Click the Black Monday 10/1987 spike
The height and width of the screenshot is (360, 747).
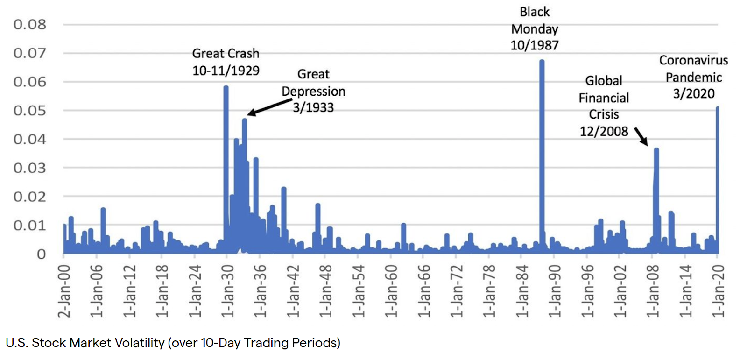click(542, 140)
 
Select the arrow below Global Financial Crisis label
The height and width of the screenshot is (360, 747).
click(641, 136)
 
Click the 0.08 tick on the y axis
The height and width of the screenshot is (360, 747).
click(30, 24)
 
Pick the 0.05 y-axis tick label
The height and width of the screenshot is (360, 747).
click(30, 111)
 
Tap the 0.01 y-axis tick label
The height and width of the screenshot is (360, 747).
click(30, 226)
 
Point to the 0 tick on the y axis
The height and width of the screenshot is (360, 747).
click(42, 254)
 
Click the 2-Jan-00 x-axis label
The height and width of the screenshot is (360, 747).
click(64, 291)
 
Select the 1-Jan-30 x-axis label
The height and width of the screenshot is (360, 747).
click(227, 291)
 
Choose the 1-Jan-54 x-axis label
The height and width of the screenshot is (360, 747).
click(358, 291)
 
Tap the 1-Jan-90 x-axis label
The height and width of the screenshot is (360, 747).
click(554, 291)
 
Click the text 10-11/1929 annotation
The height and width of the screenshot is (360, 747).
click(226, 71)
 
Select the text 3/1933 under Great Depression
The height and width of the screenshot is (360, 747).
click(313, 107)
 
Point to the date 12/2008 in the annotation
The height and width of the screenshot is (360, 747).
click(604, 131)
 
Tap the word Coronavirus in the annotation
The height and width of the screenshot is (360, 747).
click(693, 60)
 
